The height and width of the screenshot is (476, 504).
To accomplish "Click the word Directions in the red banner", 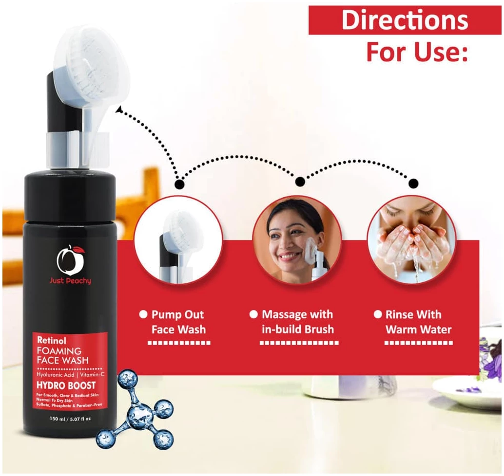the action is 405,20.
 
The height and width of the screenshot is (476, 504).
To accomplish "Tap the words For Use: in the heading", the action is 417,52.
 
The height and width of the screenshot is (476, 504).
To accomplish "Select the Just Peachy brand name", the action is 70,281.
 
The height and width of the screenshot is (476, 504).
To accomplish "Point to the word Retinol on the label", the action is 52,340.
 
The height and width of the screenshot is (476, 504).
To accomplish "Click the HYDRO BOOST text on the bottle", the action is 66,385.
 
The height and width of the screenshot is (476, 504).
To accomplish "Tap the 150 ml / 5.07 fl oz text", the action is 70,419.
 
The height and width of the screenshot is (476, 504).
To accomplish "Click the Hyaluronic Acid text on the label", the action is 55,375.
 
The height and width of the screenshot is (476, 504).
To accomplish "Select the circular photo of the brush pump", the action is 178,240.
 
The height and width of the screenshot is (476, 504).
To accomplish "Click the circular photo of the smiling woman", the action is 297,240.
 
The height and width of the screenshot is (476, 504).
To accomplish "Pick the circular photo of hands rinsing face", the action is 412,240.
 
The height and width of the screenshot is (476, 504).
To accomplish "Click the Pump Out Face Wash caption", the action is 178,322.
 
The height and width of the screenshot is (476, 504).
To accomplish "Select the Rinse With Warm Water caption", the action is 418,322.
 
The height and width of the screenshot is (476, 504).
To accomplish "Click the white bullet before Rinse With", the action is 378,314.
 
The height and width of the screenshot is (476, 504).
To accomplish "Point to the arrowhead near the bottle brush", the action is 119,110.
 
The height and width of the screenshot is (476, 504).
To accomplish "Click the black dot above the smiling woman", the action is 300,182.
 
